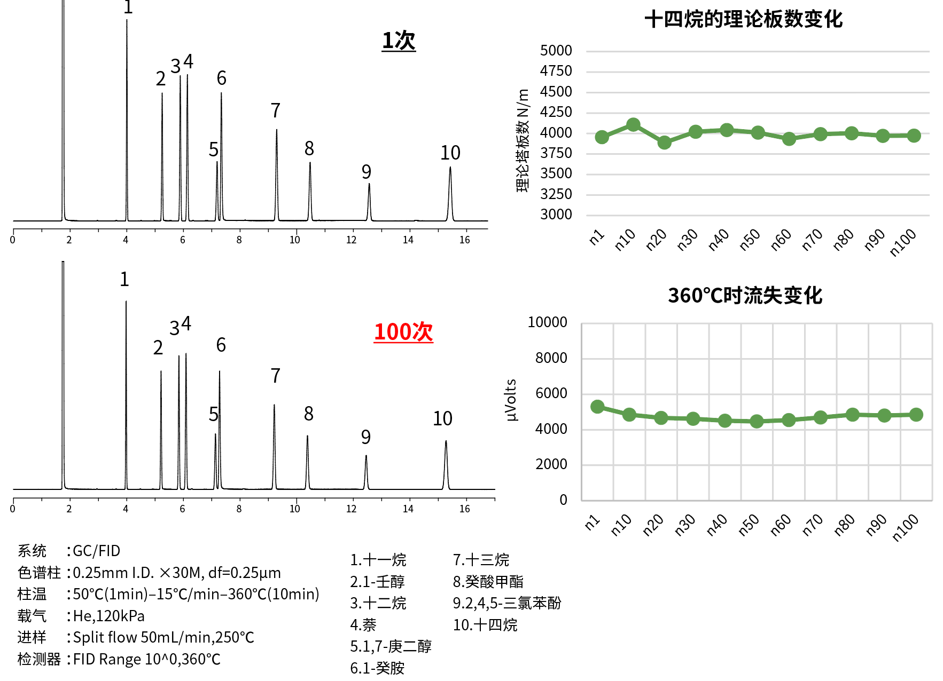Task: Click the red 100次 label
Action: pos(403,332)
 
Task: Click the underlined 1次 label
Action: pos(399,41)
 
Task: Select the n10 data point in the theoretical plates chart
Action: pos(633,125)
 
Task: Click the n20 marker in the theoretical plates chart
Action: pos(664,142)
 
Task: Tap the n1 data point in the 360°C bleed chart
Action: pos(597,407)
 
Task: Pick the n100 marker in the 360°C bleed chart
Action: pos(916,415)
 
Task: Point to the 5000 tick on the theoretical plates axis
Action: pos(556,51)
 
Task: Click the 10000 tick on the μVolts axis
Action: pos(547,322)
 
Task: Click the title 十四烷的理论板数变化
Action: pos(743,19)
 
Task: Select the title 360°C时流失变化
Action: pos(745,296)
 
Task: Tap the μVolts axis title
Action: pos(511,400)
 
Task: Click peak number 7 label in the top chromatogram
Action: pos(275,110)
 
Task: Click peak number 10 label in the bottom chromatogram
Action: pos(442,418)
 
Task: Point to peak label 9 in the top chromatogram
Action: pos(366,172)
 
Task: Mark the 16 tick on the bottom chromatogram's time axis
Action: pos(465,509)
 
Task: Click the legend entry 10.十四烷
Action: pos(485,625)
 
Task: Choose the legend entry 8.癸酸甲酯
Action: pos(488,582)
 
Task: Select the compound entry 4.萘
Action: pos(363,625)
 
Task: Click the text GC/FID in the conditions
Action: pos(97,551)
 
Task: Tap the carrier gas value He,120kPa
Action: pos(109,616)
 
